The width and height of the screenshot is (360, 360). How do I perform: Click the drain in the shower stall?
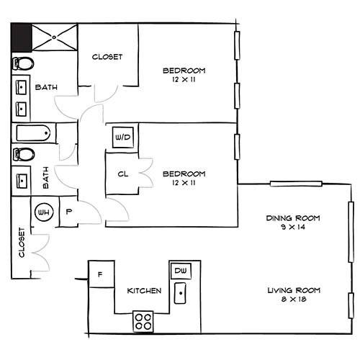pyautogui.click(x=54, y=37)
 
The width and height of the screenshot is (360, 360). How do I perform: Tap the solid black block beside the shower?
pyautogui.click(x=22, y=37)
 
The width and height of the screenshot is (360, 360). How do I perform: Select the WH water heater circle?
pyautogui.click(x=44, y=212)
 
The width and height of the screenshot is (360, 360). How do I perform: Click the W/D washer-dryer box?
pyautogui.click(x=123, y=138)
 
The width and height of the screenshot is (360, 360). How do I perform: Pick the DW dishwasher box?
pyautogui.click(x=181, y=271)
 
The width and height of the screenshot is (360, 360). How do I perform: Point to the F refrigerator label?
pyautogui.click(x=100, y=274)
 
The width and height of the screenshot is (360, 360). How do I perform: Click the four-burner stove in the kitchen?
pyautogui.click(x=143, y=322)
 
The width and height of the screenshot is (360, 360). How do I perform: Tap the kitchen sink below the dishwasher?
pyautogui.click(x=180, y=293)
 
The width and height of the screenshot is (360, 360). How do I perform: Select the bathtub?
pyautogui.click(x=33, y=133)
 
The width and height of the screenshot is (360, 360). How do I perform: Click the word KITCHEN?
pyautogui.click(x=144, y=291)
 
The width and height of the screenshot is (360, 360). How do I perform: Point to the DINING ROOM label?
pyautogui.click(x=293, y=218)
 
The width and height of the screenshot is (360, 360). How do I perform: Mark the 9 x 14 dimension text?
pyautogui.click(x=293, y=227)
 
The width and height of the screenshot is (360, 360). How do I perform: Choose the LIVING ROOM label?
pyautogui.click(x=294, y=290)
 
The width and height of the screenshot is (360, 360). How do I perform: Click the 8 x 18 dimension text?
pyautogui.click(x=294, y=299)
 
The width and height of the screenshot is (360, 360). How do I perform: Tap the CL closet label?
pyautogui.click(x=123, y=174)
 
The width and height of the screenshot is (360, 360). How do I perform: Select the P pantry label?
pyautogui.click(x=69, y=212)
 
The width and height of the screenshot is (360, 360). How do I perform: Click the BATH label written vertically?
pyautogui.click(x=45, y=178)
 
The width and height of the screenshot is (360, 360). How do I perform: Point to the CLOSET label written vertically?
pyautogui.click(x=22, y=243)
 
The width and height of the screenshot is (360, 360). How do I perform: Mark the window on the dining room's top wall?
pyautogui.click(x=296, y=184)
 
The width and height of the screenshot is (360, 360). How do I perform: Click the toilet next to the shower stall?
pyautogui.click(x=23, y=63)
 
